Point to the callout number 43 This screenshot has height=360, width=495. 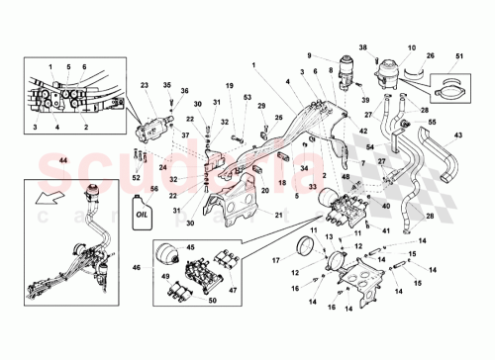[x=458, y=135]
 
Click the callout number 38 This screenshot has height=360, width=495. [x=362, y=48]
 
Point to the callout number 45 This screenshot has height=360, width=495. [x=190, y=247]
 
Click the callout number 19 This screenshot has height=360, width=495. [x=229, y=86]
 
